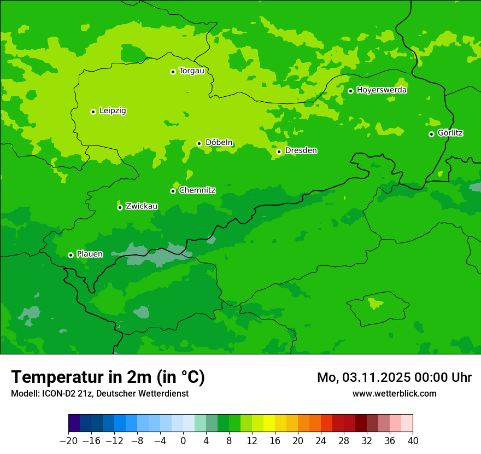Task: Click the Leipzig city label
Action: point(113,111)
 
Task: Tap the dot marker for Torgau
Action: point(173,72)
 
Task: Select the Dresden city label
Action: point(301,150)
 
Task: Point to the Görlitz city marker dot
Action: point(431,134)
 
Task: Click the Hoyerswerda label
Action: point(382,90)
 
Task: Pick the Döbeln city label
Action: point(219,143)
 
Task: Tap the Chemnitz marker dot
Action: point(173,191)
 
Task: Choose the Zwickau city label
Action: point(142,206)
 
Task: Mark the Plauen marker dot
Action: point(71,255)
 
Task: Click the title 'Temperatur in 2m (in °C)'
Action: point(108,377)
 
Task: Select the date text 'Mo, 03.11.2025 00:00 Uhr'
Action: point(394,377)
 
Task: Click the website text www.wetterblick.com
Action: point(394,393)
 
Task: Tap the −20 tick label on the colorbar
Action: point(68,441)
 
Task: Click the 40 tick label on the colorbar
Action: point(413,441)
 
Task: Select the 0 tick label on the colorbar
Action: point(183,441)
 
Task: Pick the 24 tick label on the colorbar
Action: point(321,441)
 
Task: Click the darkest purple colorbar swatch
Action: point(74,423)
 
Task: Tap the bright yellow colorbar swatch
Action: point(269,423)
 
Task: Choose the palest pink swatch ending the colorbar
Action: point(407,423)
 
